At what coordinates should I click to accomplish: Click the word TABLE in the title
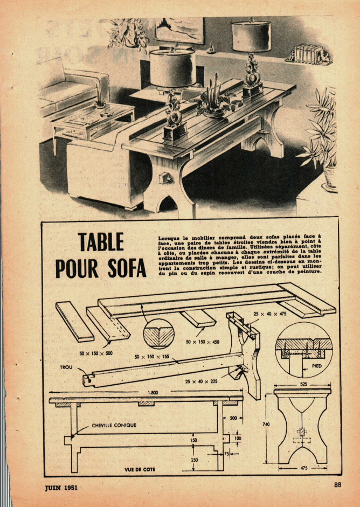[x=101, y=242]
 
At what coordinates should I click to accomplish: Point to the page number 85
[x=338, y=484]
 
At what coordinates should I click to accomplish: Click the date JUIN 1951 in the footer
[x=61, y=487]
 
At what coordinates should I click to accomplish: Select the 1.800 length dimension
[x=153, y=393]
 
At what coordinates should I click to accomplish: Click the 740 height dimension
[x=266, y=424]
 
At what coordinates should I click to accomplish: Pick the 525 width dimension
[x=303, y=385]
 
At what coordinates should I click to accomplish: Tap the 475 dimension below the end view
[x=304, y=468]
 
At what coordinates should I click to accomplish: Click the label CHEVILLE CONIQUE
[x=114, y=425]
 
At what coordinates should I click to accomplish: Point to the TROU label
[x=66, y=367]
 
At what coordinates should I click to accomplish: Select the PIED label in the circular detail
[x=317, y=366]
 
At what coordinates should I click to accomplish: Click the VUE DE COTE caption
[x=140, y=469]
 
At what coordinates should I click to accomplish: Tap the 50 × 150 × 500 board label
[x=96, y=353]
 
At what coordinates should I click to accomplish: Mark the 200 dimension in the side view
[x=233, y=418]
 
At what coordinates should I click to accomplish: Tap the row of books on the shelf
[x=308, y=53]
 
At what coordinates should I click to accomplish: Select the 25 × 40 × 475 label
[x=270, y=314]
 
